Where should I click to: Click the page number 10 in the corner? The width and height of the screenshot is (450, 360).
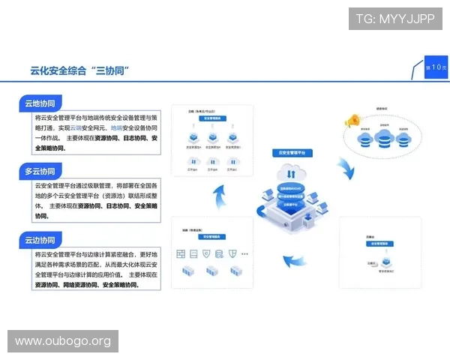pyautogui.click(x=436, y=67)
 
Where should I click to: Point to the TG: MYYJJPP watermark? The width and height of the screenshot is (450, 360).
pyautogui.click(x=395, y=19)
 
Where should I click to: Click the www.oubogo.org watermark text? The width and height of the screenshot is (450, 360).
pyautogui.click(x=63, y=341)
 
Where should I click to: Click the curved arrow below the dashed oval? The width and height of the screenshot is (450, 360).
pyautogui.click(x=346, y=169)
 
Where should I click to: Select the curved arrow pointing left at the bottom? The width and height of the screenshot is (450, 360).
pyautogui.click(x=295, y=262)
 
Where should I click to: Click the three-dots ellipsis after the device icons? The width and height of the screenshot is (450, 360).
pyautogui.click(x=244, y=254)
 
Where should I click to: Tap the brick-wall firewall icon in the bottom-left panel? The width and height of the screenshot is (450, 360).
pyautogui.click(x=181, y=254)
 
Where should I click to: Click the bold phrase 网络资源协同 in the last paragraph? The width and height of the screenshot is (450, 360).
pyautogui.click(x=82, y=285)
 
